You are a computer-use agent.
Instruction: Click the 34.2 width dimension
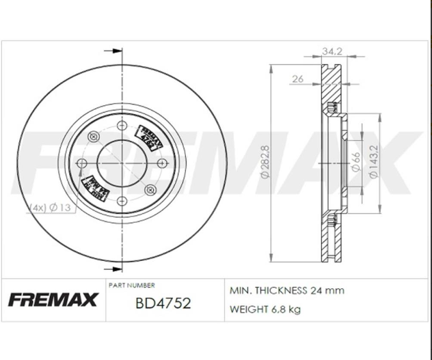tap(332, 51)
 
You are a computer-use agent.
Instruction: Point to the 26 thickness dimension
tap(297, 79)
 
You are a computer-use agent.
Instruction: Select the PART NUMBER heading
tap(132, 285)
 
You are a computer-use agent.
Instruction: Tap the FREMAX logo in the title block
tap(53, 299)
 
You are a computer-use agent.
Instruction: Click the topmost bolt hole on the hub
tap(122, 124)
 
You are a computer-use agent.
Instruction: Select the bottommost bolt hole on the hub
tap(122, 201)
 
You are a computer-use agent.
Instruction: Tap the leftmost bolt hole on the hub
tap(83, 163)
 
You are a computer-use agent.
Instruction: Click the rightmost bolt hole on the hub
tap(160, 163)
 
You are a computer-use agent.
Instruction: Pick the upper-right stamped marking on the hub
tap(150, 136)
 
